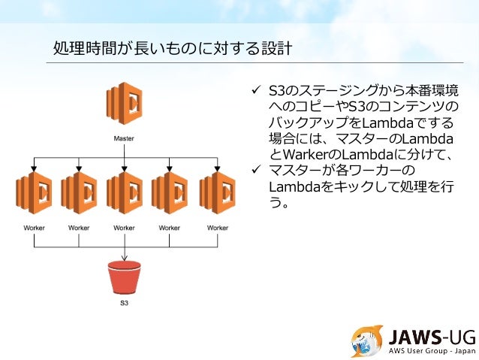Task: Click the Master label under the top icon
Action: tap(125, 138)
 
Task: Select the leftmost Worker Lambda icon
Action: tap(34, 193)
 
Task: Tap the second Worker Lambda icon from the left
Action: tap(79, 193)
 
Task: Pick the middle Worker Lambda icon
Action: tap(125, 193)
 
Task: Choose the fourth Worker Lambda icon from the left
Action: tap(170, 193)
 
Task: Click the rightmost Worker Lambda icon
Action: tap(216, 193)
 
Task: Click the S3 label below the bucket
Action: tap(125, 304)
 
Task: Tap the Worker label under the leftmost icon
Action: tap(34, 227)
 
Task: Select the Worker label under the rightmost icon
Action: tap(218, 227)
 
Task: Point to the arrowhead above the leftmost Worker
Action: tap(34, 168)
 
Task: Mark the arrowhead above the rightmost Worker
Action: tap(216, 168)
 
